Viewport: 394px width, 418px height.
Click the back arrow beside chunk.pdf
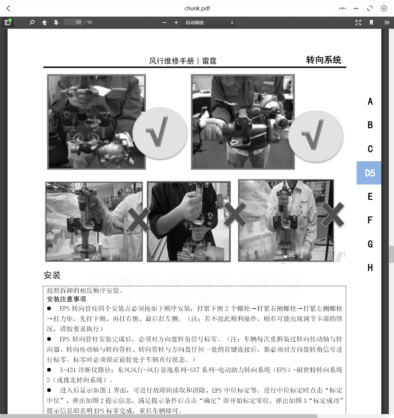[8, 8]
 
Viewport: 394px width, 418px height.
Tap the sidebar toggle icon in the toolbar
[8, 22]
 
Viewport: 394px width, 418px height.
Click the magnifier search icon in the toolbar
[32, 22]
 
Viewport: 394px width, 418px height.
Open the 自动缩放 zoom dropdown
[209, 22]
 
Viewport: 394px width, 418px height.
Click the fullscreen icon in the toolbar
[358, 22]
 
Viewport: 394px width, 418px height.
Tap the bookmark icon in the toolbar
[371, 22]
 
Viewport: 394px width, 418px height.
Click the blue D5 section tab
[369, 173]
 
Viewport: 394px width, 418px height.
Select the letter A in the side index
[370, 101]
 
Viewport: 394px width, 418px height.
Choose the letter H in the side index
[370, 268]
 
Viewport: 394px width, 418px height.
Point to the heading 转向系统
[323, 60]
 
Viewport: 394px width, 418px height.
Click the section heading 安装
[52, 275]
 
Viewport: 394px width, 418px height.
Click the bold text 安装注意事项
[66, 299]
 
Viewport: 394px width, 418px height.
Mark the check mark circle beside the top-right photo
[315, 136]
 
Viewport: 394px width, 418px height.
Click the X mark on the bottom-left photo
[138, 220]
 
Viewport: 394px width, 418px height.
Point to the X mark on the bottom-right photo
[333, 214]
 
